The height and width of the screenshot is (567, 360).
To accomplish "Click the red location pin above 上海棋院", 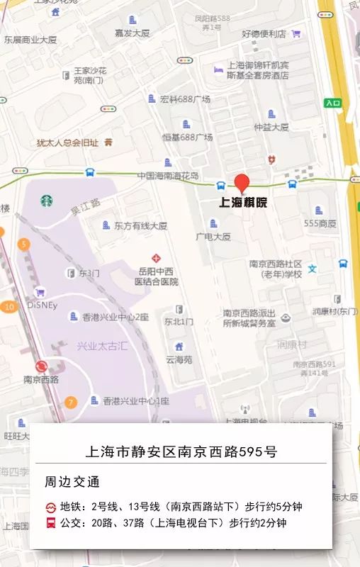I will point(242,182).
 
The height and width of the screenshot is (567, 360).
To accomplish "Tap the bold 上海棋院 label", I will point(243,203).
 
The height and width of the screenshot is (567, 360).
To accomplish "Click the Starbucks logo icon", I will point(47,201).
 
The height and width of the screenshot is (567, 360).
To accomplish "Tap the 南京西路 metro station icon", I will point(41,366).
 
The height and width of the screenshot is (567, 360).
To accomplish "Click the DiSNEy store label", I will point(42,305).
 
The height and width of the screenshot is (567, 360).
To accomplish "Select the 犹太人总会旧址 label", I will point(67,142).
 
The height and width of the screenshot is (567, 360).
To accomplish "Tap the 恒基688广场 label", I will point(187,137).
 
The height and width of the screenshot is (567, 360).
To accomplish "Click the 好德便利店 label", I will point(264,33).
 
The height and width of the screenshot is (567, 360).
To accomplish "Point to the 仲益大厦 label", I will point(271,128).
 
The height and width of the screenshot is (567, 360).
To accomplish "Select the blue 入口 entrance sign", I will point(333,103).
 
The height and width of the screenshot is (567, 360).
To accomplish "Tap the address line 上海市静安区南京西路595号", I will point(181,451).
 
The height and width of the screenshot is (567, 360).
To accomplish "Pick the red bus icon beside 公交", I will point(52,524).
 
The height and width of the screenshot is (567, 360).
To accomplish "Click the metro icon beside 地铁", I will point(52,507).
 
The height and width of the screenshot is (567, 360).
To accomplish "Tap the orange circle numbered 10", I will point(9,307).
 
